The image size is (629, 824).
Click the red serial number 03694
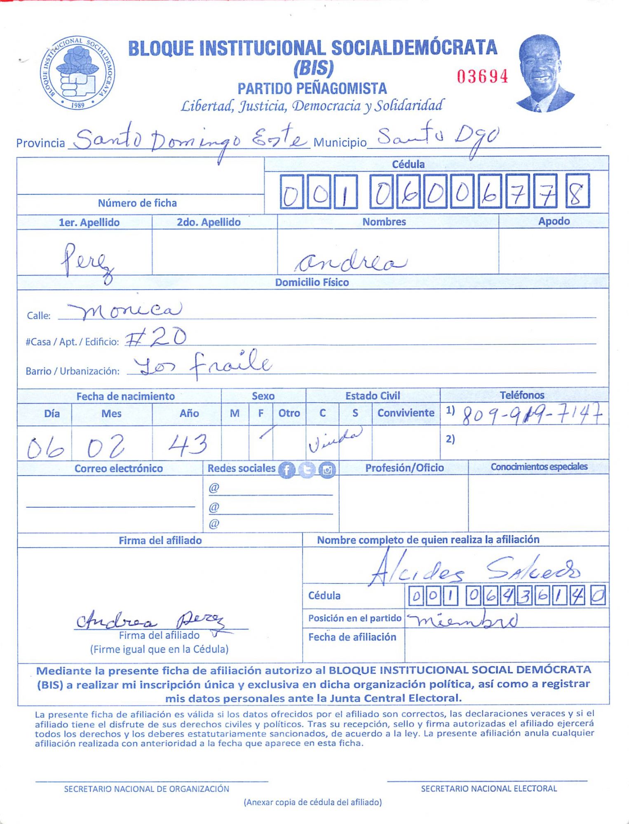pyautogui.click(x=482, y=77)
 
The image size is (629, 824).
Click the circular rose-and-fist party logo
pyautogui.click(x=77, y=73)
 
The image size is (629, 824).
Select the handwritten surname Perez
pyautogui.click(x=86, y=262)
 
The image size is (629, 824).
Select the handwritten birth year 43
pyautogui.click(x=188, y=445)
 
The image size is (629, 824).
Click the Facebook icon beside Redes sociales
pyautogui.click(x=287, y=470)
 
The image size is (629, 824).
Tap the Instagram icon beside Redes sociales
pyautogui.click(x=327, y=470)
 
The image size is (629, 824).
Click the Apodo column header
pyautogui.click(x=554, y=221)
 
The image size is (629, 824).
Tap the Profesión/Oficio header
pyautogui.click(x=404, y=468)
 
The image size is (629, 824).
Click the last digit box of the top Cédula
pyautogui.click(x=577, y=191)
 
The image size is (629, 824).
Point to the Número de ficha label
pyautogui.click(x=137, y=203)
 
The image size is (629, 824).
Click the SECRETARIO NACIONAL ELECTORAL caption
pyautogui.click(x=488, y=789)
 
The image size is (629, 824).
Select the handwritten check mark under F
pyautogui.click(x=266, y=433)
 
